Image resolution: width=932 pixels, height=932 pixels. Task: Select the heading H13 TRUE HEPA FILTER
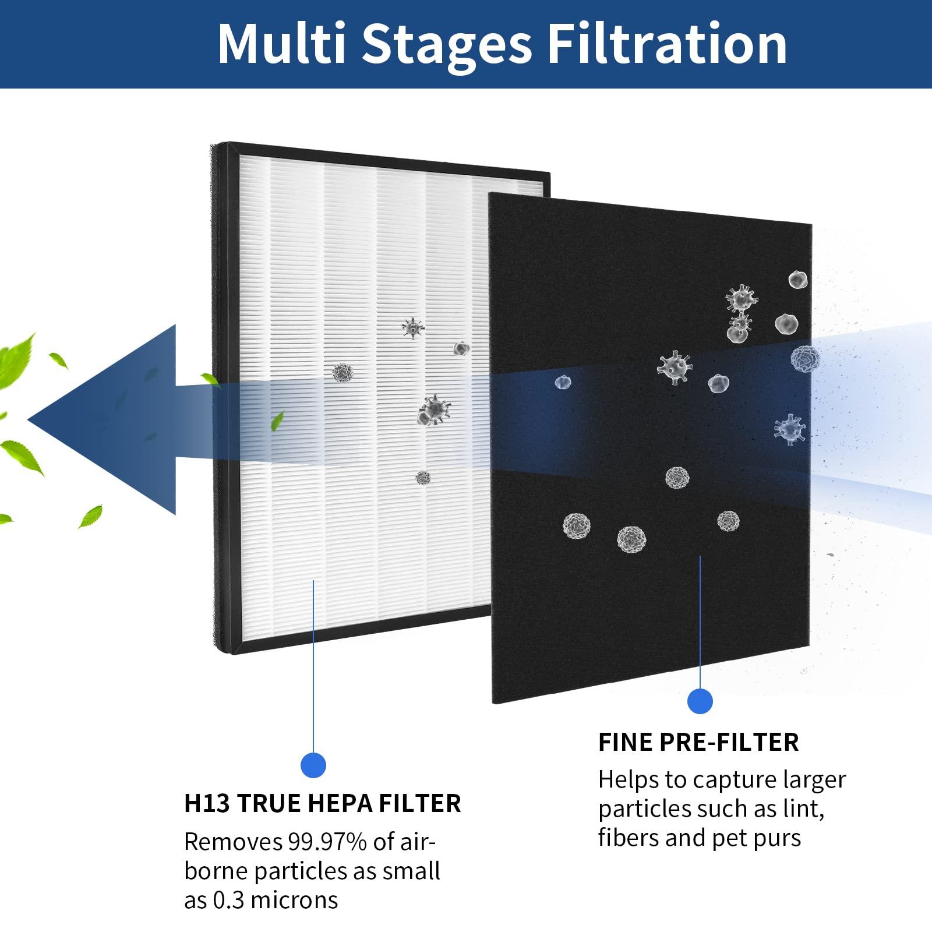tap(322, 803)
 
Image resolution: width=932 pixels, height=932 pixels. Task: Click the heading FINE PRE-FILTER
tap(698, 742)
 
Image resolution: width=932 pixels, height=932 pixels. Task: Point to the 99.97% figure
tap(327, 842)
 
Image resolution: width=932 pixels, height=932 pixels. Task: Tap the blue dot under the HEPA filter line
tap(313, 765)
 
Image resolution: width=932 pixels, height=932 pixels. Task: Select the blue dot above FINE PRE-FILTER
tap(700, 701)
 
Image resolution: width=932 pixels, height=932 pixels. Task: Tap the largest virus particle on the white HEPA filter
tap(434, 410)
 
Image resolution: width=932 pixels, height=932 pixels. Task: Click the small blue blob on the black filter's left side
tap(563, 383)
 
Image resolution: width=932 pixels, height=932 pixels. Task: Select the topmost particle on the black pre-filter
tap(797, 280)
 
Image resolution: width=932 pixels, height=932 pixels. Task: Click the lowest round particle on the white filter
tap(423, 478)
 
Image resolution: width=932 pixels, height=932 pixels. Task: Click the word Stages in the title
tap(446, 44)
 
